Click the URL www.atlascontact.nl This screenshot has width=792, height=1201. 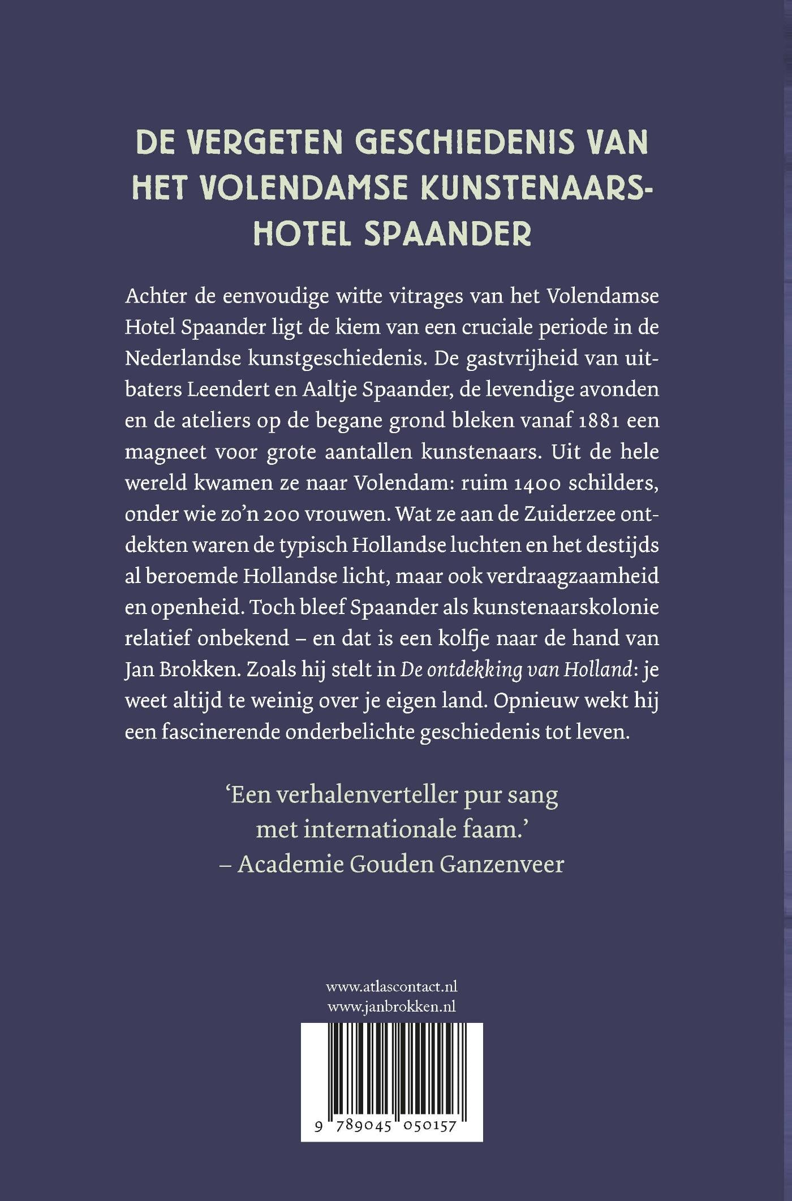coord(391,987)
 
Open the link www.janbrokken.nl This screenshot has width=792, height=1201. coord(391,1006)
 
